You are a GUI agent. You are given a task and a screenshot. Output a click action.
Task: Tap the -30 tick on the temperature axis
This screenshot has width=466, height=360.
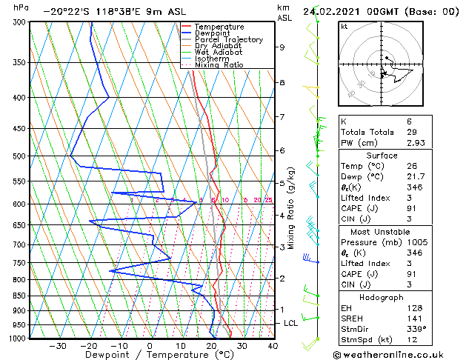coord(58,346)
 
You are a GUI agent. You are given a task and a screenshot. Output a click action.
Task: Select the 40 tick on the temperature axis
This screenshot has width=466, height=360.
coord(273,346)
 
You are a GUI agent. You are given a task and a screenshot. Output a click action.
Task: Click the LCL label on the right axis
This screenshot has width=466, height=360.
coord(291,323)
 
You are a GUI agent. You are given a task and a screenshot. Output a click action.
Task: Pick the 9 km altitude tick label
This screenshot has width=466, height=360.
coord(282,47)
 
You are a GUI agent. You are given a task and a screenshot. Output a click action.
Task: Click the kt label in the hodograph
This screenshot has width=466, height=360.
coord(344,27)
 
